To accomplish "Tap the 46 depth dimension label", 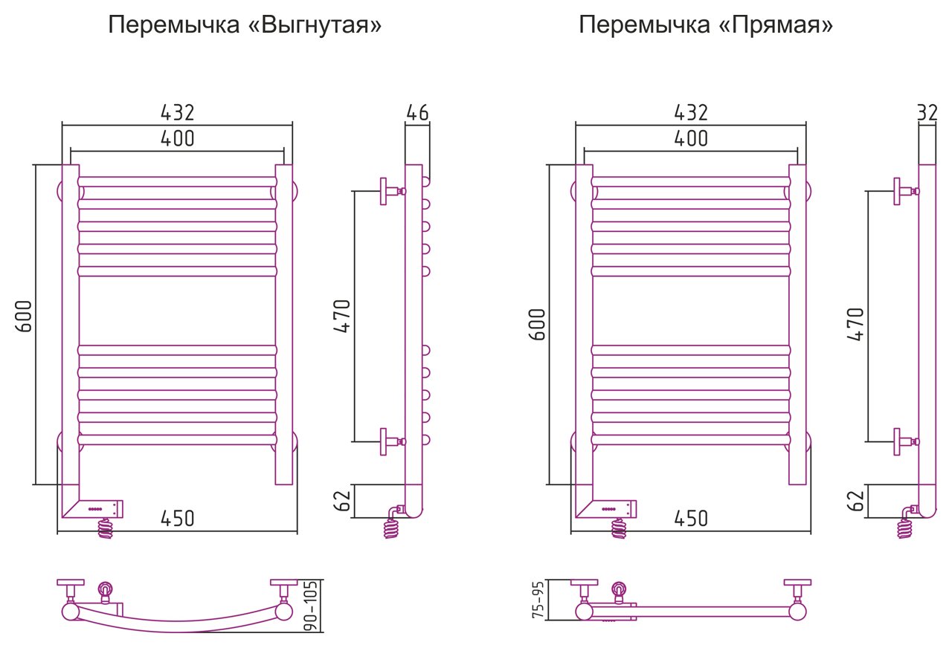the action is (417, 113).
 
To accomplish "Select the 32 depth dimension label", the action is (927, 113).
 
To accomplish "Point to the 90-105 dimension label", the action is (311, 606).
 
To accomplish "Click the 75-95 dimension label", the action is (538, 599).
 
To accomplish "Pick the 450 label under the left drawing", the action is (178, 519).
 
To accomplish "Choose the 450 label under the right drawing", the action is (691, 519).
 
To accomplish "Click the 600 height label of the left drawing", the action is (25, 317).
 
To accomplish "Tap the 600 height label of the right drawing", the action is (537, 325).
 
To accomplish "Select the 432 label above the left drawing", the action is (178, 113).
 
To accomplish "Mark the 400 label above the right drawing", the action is (691, 138).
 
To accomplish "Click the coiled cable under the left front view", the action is (106, 528).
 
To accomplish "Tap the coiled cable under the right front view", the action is (619, 528).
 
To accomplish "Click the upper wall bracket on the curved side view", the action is (392, 191).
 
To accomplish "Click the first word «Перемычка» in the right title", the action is (644, 25).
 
